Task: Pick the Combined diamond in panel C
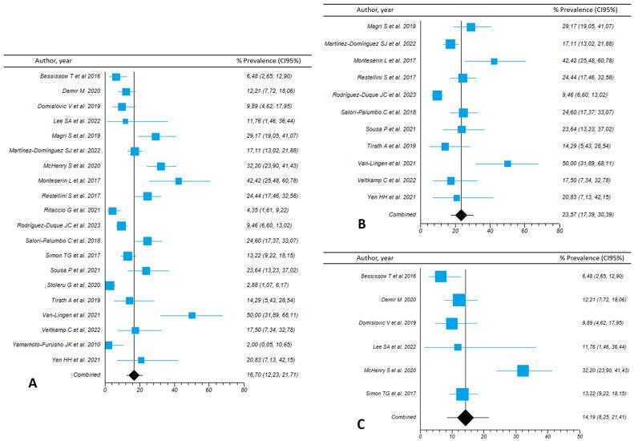465,416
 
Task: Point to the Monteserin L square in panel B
494,61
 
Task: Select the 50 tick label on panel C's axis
579,436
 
